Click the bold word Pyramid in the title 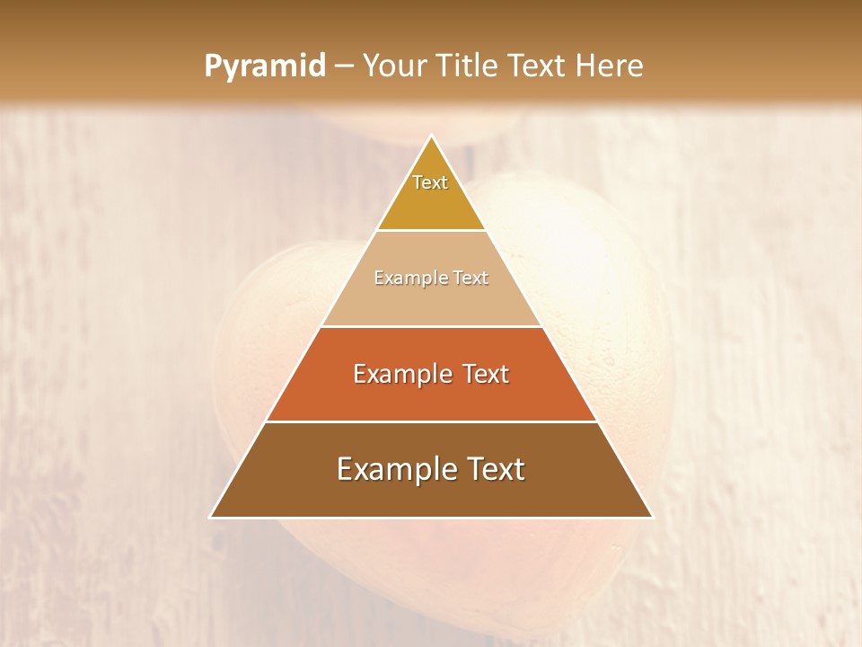tap(264, 66)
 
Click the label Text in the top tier tap(430, 182)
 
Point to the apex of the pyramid tap(432, 137)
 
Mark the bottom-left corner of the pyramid tap(212, 517)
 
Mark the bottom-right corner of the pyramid tap(652, 517)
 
